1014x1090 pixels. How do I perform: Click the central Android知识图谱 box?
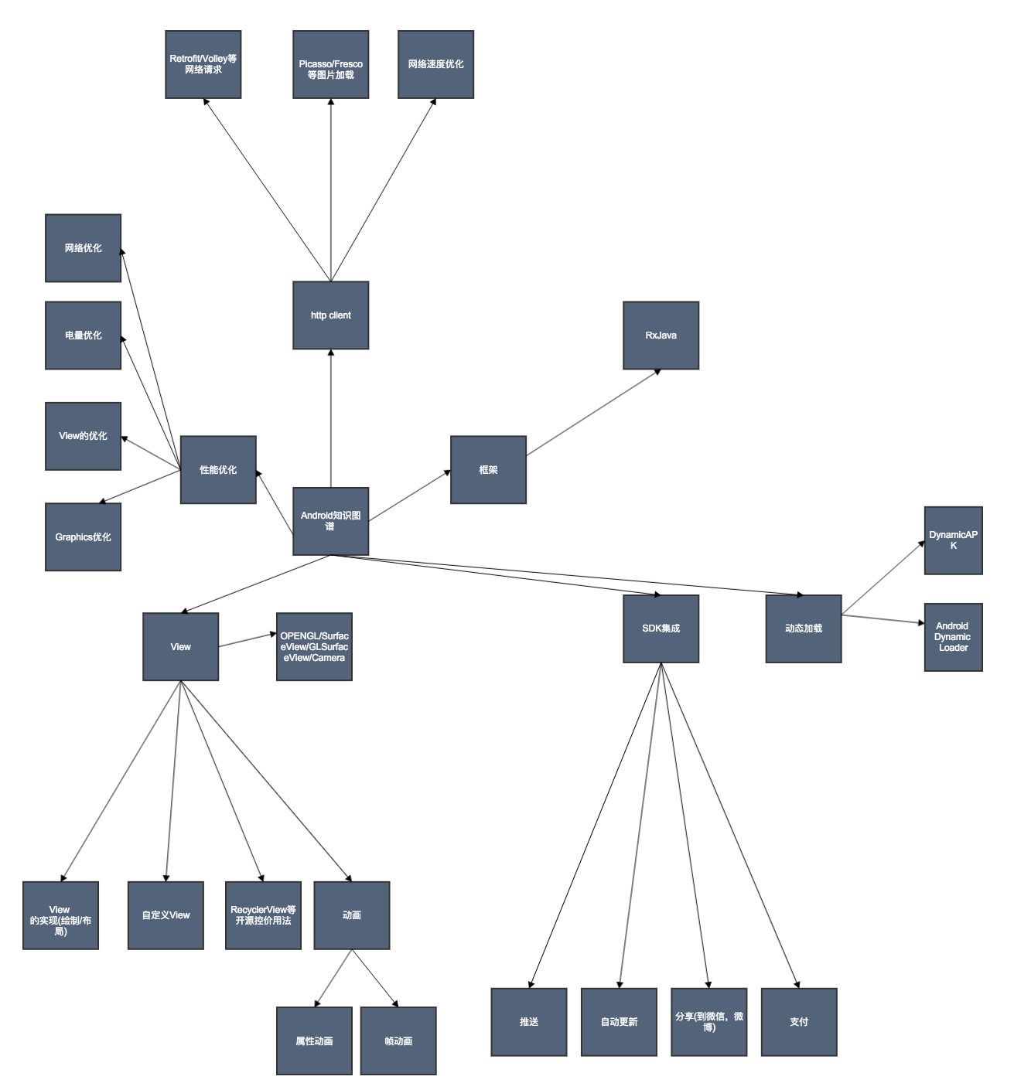click(x=330, y=521)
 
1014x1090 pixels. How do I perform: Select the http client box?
click(x=330, y=315)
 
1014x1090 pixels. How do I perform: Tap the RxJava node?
click(x=661, y=336)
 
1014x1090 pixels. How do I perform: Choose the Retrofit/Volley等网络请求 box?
click(x=203, y=64)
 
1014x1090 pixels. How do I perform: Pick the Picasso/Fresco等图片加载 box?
click(x=330, y=64)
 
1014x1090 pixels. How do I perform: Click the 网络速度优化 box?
click(x=435, y=64)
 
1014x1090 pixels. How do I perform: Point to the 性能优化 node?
click(x=218, y=469)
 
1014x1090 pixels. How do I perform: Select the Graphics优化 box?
click(x=83, y=537)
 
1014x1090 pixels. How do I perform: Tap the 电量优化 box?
click(x=83, y=336)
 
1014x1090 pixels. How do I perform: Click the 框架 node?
click(x=488, y=469)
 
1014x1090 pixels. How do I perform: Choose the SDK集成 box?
click(x=661, y=628)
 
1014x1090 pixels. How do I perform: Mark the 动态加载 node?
click(x=803, y=628)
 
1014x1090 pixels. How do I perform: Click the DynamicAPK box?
click(x=953, y=540)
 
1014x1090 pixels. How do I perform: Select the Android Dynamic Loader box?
click(x=953, y=637)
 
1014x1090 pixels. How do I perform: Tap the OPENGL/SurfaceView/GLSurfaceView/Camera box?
click(x=314, y=647)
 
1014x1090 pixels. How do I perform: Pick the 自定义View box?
click(x=166, y=915)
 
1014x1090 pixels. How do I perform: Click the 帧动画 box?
click(x=398, y=1041)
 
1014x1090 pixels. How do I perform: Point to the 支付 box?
click(x=799, y=1022)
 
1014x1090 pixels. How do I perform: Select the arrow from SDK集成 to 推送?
click(x=596, y=825)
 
